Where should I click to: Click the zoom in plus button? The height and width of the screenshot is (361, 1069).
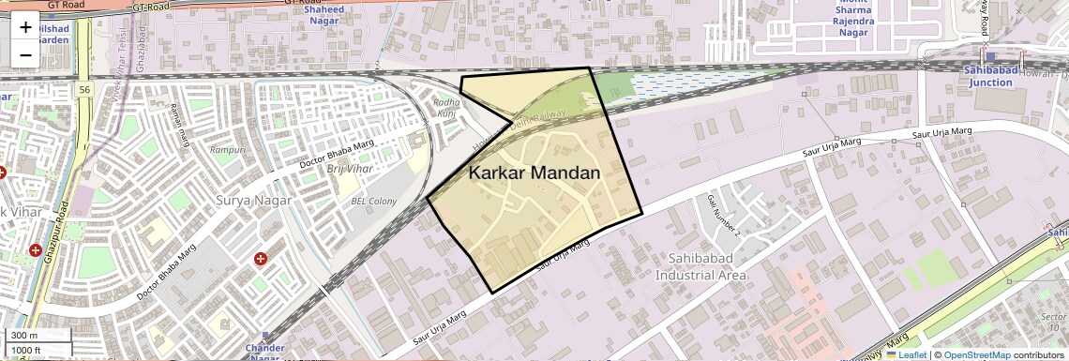click(x=25, y=28)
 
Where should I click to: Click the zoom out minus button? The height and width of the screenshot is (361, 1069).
click(x=25, y=54)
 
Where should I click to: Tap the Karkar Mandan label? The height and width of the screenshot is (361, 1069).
click(x=534, y=173)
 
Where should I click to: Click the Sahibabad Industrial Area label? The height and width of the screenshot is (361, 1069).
click(x=700, y=266)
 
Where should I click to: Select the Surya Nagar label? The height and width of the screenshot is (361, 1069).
click(x=254, y=200)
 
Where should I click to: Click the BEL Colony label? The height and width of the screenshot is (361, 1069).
click(x=373, y=201)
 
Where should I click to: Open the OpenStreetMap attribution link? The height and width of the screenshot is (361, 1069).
click(x=976, y=355)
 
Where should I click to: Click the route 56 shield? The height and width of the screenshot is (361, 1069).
click(x=84, y=89)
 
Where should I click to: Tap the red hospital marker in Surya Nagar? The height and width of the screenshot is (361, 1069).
click(x=261, y=258)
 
